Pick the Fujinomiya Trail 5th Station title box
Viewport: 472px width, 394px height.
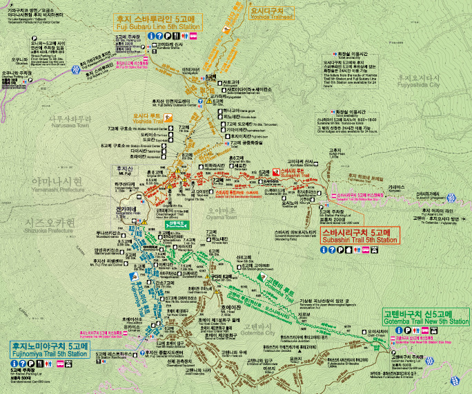(50, 349)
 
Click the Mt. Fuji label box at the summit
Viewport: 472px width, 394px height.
(124, 169)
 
